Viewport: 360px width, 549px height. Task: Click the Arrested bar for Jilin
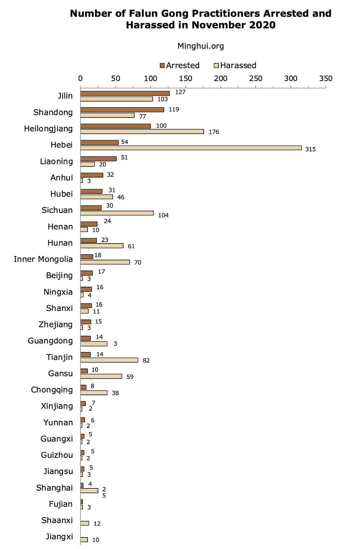[125, 93]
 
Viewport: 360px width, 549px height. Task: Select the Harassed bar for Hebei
[191, 148]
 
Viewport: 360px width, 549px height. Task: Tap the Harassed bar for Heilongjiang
[142, 131]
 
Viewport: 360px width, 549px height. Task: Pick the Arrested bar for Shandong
[122, 110]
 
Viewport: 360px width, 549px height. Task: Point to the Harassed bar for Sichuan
[117, 213]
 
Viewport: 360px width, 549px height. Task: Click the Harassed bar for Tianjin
[109, 360]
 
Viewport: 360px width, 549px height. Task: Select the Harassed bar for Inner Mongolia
[105, 262]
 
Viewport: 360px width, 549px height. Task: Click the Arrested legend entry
[179, 66]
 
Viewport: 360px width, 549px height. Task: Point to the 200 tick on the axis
[221, 79]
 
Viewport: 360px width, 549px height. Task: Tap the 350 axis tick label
[326, 79]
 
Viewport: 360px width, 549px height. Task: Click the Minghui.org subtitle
[201, 46]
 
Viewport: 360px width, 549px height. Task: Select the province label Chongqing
[52, 390]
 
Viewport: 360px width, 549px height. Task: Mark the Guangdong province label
[50, 341]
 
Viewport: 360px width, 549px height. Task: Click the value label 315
[310, 149]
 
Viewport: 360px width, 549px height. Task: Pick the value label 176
[214, 132]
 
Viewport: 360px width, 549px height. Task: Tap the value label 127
[180, 92]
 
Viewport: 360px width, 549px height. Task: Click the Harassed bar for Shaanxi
[85, 523]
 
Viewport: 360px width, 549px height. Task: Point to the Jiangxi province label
[59, 537]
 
